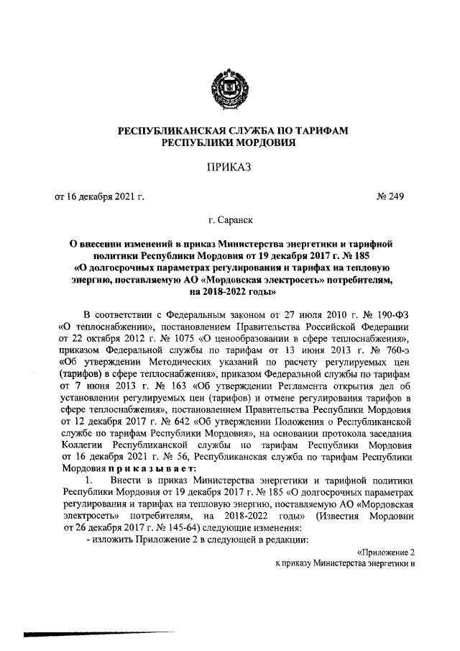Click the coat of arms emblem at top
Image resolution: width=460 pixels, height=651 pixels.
[x=229, y=84]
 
